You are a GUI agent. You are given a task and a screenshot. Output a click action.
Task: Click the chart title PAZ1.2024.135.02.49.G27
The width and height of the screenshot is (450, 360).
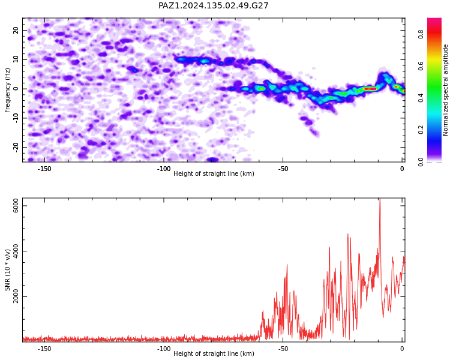click(x=213, y=5)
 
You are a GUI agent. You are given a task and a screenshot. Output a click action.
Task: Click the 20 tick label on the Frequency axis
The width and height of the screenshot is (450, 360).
click(x=16, y=30)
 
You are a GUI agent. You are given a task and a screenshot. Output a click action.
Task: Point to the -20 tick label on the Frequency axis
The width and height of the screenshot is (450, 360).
click(x=16, y=147)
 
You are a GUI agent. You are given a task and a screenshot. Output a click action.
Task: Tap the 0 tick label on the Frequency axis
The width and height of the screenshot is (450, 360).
click(x=16, y=89)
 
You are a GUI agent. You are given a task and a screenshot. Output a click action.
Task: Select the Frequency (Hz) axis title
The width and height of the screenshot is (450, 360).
click(x=7, y=90)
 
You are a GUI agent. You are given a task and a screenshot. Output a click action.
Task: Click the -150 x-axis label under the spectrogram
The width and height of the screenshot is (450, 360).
click(x=44, y=169)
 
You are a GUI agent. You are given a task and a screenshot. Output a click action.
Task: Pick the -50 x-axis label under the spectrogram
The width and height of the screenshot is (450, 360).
click(x=283, y=169)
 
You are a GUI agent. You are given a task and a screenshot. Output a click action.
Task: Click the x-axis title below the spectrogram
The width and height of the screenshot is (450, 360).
click(x=214, y=173)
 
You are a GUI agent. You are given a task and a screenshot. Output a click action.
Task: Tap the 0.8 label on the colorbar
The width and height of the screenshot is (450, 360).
click(x=421, y=35)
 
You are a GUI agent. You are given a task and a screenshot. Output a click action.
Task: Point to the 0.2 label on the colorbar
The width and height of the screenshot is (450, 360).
click(x=421, y=130)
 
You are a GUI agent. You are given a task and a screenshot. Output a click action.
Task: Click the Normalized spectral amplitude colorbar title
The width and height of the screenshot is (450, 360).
click(x=445, y=90)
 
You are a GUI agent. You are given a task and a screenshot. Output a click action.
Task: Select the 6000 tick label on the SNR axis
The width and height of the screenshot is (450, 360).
click(x=16, y=206)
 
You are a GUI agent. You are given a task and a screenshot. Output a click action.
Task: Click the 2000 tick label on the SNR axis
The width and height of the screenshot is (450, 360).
click(x=16, y=296)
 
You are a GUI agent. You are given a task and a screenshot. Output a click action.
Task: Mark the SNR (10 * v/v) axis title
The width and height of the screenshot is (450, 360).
click(x=7, y=270)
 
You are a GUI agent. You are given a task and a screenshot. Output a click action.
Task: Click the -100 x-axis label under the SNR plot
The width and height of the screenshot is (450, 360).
click(x=164, y=349)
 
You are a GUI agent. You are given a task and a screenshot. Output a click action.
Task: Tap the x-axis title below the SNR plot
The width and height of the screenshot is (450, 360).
click(x=214, y=353)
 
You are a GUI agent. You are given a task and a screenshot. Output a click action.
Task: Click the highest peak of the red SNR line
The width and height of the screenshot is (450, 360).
click(x=380, y=199)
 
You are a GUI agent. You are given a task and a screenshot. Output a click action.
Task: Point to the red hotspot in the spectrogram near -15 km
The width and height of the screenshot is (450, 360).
click(x=370, y=89)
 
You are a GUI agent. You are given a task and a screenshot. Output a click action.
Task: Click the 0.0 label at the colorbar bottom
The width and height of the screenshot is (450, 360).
click(x=421, y=162)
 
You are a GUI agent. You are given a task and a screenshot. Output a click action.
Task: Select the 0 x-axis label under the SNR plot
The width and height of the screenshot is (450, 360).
click(x=403, y=349)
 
